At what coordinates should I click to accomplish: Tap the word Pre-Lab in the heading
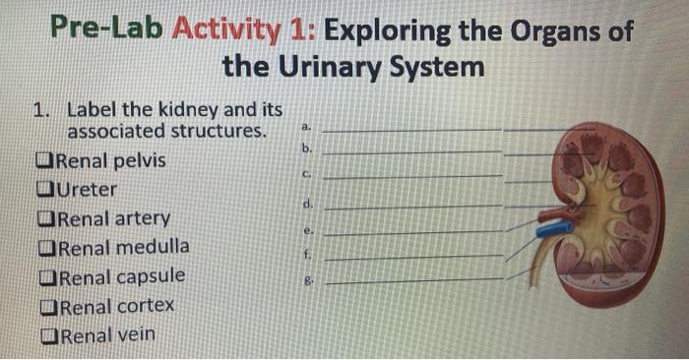[x=108, y=30]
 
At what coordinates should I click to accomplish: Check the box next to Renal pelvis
[x=45, y=161]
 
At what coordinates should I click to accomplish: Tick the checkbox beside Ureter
[x=45, y=190]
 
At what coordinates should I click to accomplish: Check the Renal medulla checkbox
[x=45, y=248]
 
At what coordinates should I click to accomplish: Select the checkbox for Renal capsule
[x=45, y=277]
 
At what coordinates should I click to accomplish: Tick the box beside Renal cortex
[x=45, y=307]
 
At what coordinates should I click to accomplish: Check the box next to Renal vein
[x=45, y=335]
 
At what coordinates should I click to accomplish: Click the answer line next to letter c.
[x=413, y=177]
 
